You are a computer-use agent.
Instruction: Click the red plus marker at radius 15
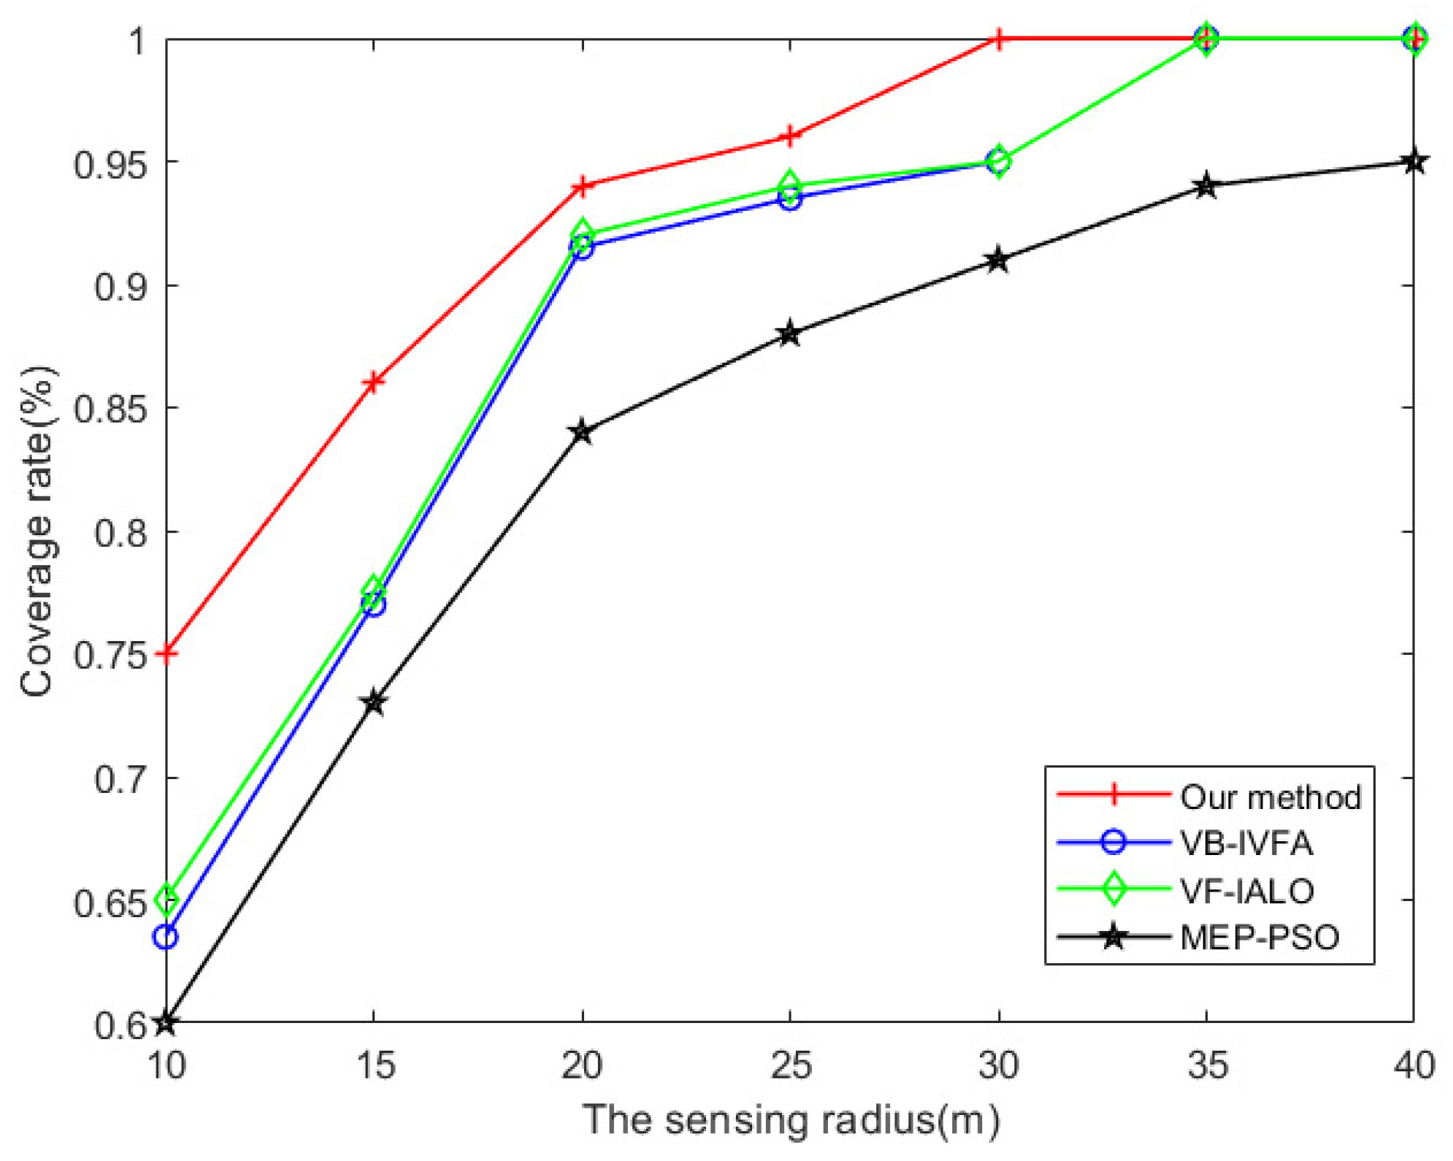click(x=373, y=382)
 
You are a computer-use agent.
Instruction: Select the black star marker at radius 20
click(x=582, y=432)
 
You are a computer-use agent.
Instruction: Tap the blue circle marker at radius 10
click(x=166, y=937)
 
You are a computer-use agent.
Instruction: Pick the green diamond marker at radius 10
click(x=166, y=900)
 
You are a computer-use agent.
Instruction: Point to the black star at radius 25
click(x=789, y=334)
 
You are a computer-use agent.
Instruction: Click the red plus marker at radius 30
click(x=998, y=39)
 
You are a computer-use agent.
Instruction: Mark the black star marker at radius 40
click(x=1414, y=161)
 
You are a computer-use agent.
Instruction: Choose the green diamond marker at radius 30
click(x=998, y=161)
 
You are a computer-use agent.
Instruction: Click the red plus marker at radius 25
click(x=789, y=137)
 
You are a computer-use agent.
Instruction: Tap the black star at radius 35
click(x=1206, y=185)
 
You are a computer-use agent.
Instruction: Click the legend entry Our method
click(x=1270, y=797)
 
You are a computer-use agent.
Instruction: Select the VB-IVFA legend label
click(x=1246, y=844)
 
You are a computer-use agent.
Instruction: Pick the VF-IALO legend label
click(x=1246, y=891)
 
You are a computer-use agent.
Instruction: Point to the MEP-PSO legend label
click(x=1260, y=938)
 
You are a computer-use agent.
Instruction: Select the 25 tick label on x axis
click(x=790, y=1065)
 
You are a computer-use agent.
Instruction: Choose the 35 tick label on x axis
click(x=1207, y=1065)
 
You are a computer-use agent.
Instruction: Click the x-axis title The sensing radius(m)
click(x=791, y=1120)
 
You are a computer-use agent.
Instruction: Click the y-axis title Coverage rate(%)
click(x=37, y=531)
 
